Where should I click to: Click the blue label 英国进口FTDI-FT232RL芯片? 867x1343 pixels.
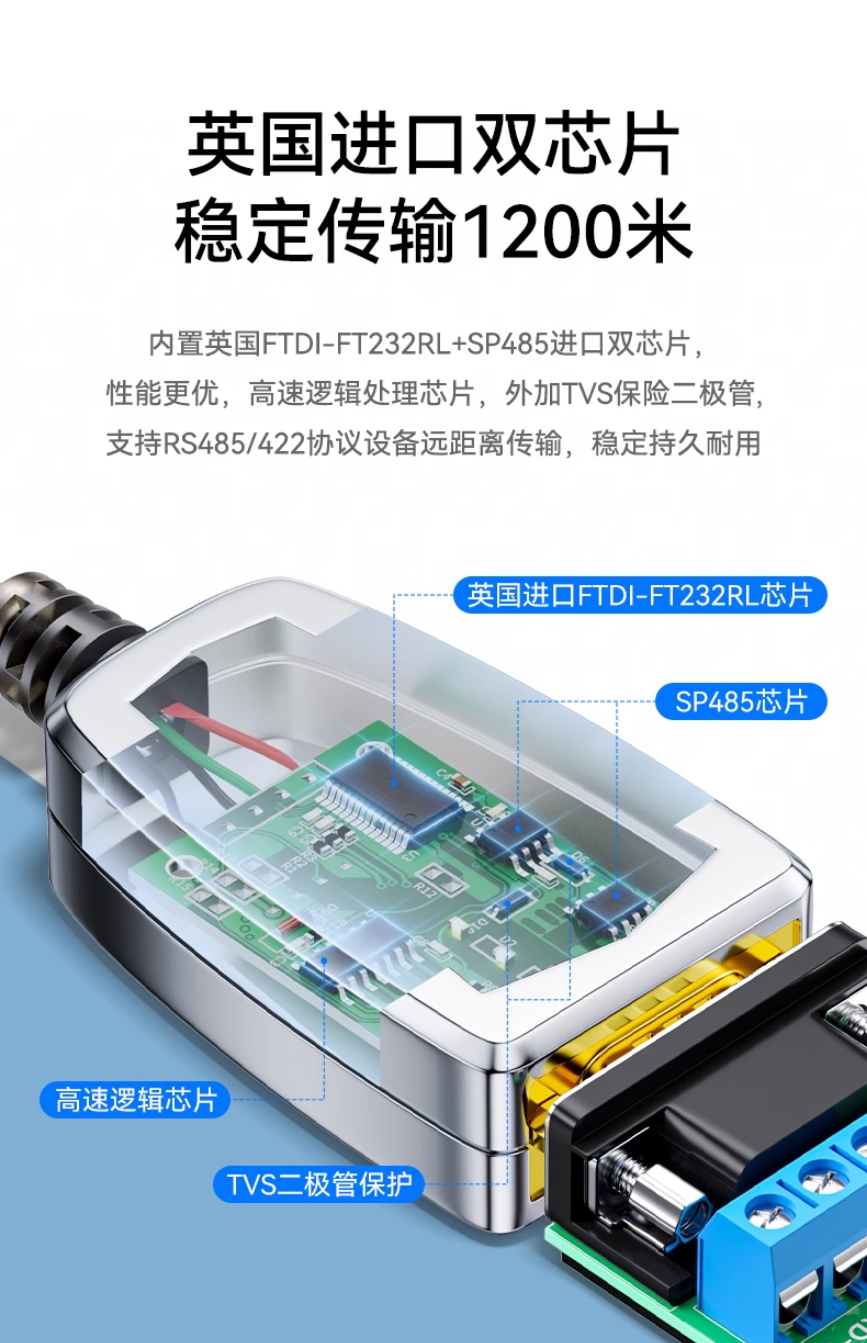click(x=640, y=595)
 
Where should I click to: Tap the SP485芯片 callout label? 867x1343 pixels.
click(x=741, y=702)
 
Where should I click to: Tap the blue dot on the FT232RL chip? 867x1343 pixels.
click(x=394, y=783)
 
